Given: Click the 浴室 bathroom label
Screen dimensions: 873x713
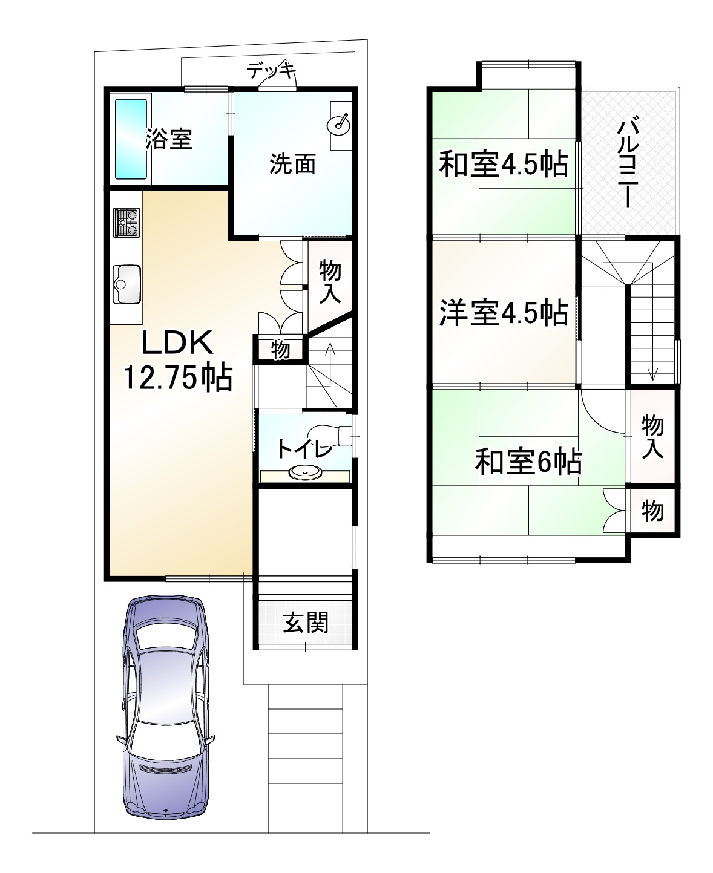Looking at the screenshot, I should [169, 139].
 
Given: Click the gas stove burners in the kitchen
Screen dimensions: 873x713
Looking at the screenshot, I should [126, 222].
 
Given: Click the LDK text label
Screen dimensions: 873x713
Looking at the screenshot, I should [177, 344].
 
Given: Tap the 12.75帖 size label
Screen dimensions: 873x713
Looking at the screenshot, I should [178, 378].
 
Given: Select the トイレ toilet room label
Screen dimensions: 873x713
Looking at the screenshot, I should [304, 449].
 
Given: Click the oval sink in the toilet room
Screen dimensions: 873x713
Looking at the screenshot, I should [304, 472].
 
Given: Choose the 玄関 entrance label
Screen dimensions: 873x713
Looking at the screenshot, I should [306, 623].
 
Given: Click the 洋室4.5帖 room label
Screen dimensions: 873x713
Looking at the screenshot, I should [503, 313].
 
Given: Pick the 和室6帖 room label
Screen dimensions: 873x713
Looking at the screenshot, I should [528, 463].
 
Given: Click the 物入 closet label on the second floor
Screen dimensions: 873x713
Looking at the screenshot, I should [652, 437].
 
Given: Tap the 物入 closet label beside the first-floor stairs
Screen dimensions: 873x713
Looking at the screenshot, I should [330, 281].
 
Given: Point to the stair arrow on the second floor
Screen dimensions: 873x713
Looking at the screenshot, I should [652, 363].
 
